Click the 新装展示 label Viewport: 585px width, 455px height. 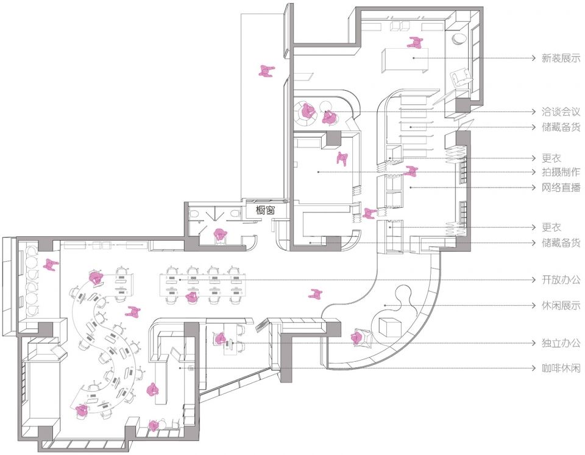561,58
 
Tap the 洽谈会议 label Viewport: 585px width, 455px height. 561,111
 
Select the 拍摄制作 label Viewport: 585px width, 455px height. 561,172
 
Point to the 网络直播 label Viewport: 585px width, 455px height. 561,187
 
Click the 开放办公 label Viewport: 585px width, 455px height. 561,280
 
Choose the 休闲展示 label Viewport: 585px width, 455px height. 561,305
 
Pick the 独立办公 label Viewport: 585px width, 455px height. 561,343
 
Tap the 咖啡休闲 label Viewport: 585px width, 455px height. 561,368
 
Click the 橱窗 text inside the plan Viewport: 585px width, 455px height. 265,210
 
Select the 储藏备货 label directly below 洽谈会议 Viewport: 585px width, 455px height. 561,127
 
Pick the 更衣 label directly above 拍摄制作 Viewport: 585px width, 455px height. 551,158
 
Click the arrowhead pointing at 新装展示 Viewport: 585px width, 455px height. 534,58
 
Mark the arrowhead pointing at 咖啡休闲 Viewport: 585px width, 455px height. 534,368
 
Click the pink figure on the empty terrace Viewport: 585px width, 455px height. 266,71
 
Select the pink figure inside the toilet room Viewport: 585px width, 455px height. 221,235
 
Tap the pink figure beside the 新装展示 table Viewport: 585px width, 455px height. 415,43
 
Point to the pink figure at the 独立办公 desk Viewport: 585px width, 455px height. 220,339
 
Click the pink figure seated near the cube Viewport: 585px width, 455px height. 357,338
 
